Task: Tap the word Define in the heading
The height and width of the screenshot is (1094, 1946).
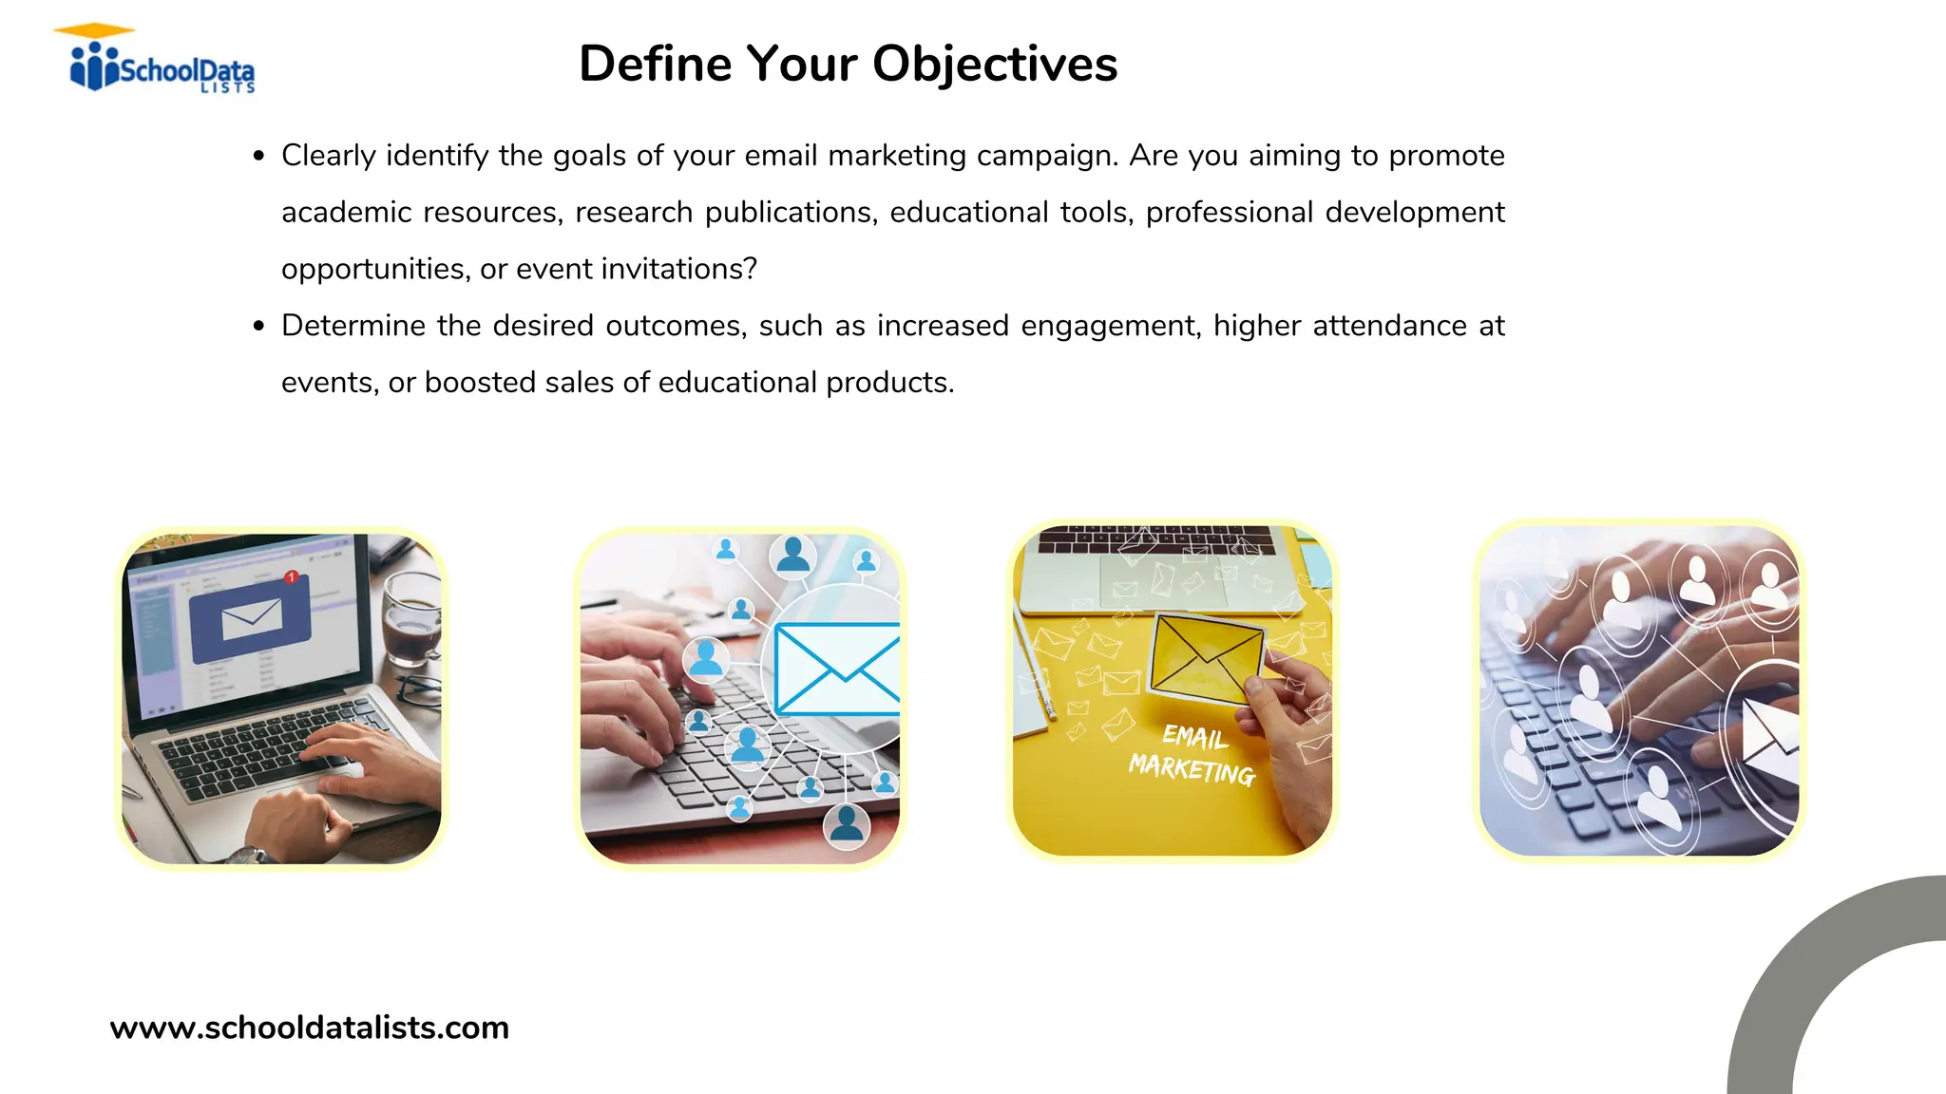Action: pyautogui.click(x=655, y=65)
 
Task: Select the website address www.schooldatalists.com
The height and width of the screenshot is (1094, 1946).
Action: pyautogui.click(x=309, y=1028)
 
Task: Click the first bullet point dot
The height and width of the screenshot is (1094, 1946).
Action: pyautogui.click(x=258, y=157)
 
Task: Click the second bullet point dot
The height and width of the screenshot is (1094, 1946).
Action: pyautogui.click(x=258, y=327)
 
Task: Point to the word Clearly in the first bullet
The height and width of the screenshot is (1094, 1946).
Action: pyautogui.click(x=328, y=156)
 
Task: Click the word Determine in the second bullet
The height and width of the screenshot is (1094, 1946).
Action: pyautogui.click(x=353, y=326)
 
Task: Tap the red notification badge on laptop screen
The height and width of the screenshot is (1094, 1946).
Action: pyautogui.click(x=292, y=577)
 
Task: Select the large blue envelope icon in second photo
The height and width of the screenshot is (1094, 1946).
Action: pyautogui.click(x=836, y=669)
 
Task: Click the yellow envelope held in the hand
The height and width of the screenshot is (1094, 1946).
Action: pyautogui.click(x=1205, y=656)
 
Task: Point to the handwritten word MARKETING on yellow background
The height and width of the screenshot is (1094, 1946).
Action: pyautogui.click(x=1192, y=769)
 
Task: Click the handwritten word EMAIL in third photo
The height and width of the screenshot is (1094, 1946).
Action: pyautogui.click(x=1194, y=736)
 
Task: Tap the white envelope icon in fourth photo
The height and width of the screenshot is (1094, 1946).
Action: pyautogui.click(x=1768, y=736)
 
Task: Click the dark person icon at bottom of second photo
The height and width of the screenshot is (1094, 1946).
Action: pyautogui.click(x=846, y=824)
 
